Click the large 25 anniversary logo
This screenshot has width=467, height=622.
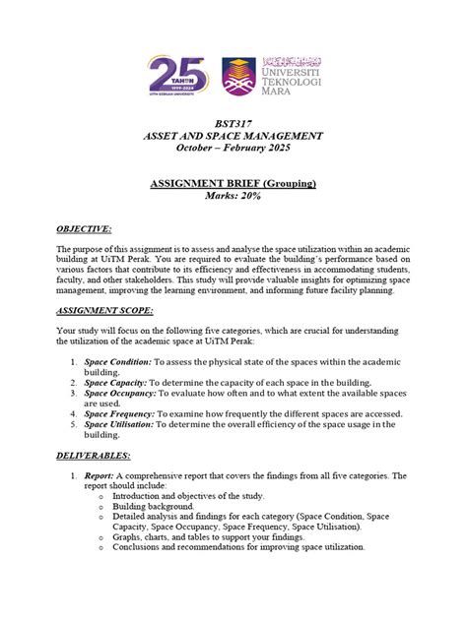tap(180, 75)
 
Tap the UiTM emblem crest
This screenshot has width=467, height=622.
tap(238, 77)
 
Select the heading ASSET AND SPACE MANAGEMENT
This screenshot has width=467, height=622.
tap(233, 135)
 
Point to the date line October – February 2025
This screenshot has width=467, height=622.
tap(233, 148)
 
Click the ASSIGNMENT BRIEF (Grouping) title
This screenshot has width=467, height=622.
tap(233, 183)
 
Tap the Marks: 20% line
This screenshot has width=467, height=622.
tap(233, 197)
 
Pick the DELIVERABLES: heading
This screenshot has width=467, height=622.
tap(95, 456)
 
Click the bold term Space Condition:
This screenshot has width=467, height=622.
tap(117, 362)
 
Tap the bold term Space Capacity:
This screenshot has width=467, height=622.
tap(115, 383)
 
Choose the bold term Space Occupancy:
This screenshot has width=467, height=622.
tap(119, 393)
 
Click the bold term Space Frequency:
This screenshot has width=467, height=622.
tap(119, 414)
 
